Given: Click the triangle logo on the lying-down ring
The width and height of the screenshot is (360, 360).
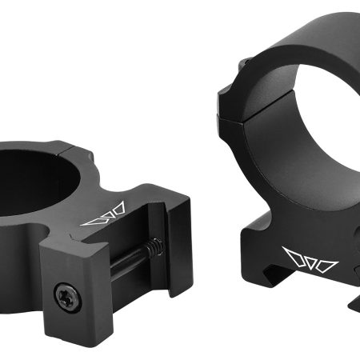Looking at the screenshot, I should [102, 214].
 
